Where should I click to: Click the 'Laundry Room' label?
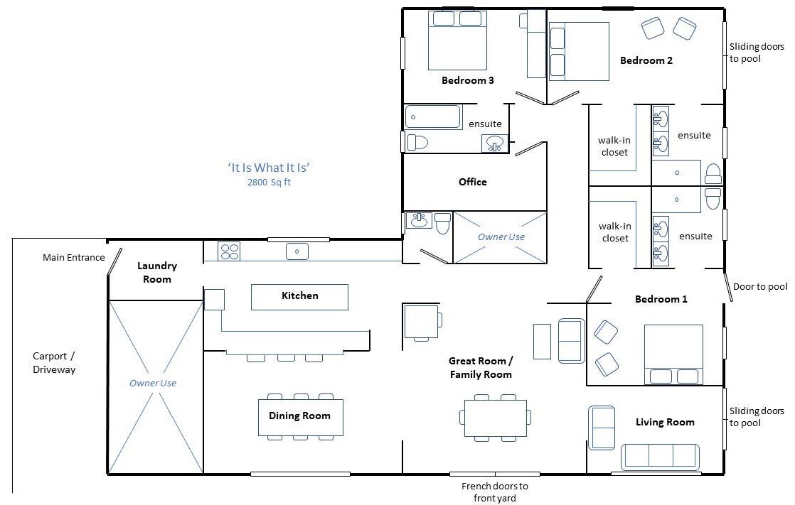point(157,273)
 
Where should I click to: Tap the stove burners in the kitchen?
point(229,251)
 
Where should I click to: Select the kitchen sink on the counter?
point(297,251)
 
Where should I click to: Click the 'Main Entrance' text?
point(73,257)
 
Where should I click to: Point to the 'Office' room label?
point(473,182)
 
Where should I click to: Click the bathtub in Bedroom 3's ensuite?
point(433,117)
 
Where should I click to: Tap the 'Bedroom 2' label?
point(646,61)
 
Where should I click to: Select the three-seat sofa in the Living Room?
point(660,457)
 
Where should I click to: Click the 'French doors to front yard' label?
point(495,492)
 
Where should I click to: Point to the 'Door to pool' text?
point(760,287)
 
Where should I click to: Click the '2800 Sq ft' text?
point(269,183)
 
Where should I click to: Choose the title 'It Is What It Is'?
point(269,168)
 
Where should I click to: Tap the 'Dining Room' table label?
point(299,416)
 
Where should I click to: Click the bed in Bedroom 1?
point(673,354)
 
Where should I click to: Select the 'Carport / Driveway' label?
point(54,363)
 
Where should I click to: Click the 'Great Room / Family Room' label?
point(481,368)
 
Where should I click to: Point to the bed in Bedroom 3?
point(458,40)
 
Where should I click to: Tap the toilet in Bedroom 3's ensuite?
point(418,142)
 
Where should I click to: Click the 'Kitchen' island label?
point(300,295)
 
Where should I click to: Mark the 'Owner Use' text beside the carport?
point(153,384)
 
